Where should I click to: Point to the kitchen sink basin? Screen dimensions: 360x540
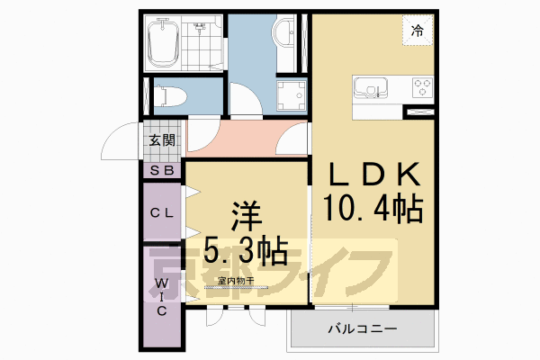(371, 88)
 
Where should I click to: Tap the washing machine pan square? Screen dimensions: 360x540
(291, 94)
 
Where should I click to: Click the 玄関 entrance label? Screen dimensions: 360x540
(163, 139)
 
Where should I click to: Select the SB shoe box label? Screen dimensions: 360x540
(163, 169)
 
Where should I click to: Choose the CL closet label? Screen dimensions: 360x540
(162, 212)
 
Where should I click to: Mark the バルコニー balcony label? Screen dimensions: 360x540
(360, 330)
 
